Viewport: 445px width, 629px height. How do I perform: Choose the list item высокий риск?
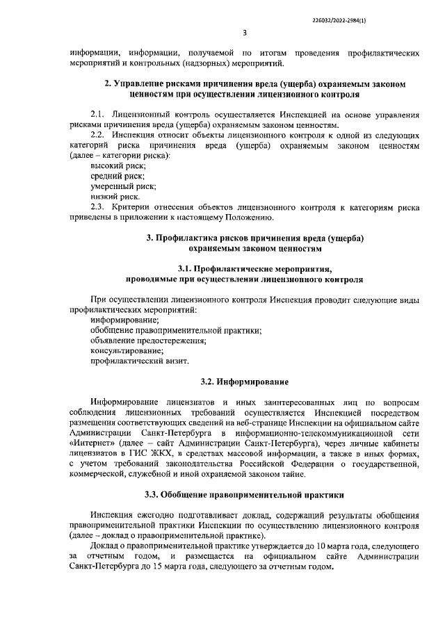tap(118, 166)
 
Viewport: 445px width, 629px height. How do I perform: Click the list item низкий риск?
tap(115, 197)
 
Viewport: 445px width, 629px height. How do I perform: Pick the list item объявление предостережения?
tap(148, 341)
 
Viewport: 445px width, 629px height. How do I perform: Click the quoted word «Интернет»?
tap(88, 443)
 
